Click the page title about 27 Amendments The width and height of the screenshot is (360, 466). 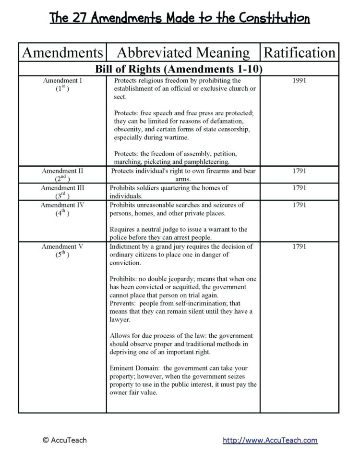tap(180, 19)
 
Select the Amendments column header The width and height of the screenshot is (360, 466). tap(62, 52)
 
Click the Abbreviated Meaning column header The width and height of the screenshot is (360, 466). tap(183, 52)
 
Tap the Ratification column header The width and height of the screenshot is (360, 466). tap(300, 52)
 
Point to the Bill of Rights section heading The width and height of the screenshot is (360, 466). tap(179, 69)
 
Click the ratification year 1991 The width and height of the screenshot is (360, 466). tap(299, 81)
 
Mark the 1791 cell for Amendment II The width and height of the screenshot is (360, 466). tap(299, 171)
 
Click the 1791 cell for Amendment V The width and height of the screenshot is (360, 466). tap(299, 247)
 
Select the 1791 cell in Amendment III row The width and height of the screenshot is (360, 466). tap(299, 188)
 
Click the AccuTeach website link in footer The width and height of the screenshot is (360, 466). tap(270, 440)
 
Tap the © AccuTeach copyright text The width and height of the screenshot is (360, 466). tap(65, 440)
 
